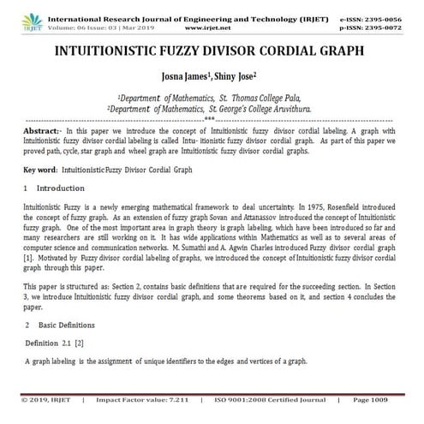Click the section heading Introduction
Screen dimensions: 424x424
[x=61, y=188]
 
